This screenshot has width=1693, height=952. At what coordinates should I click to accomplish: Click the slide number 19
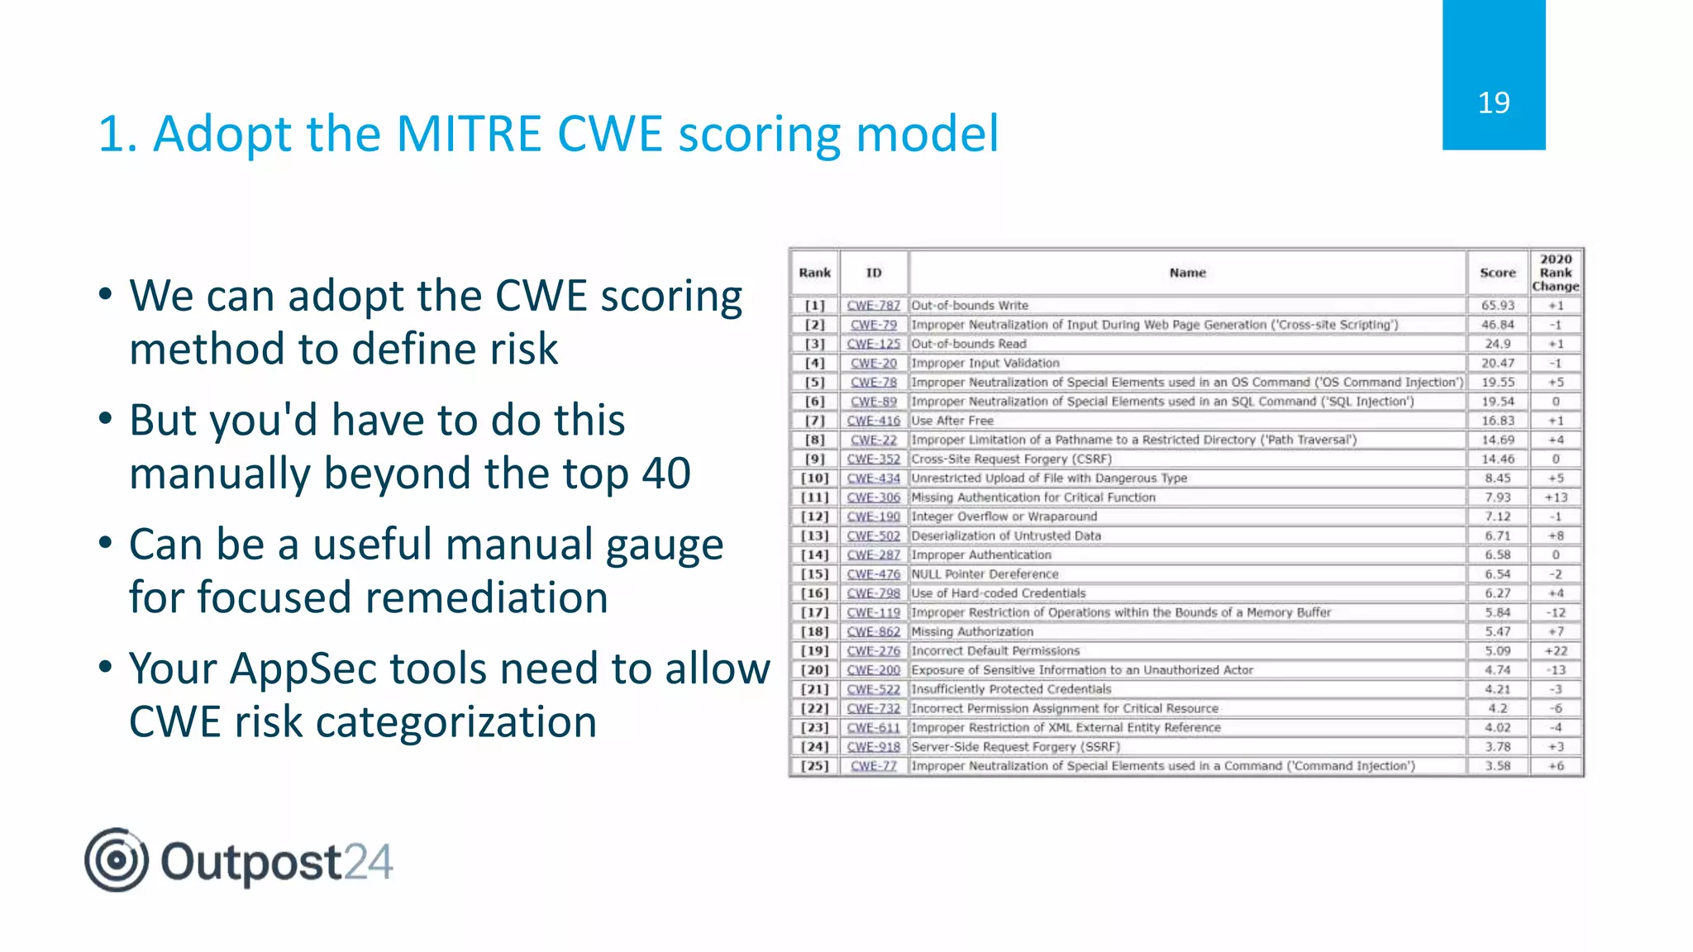1493,103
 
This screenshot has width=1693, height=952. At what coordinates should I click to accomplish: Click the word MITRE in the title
469,134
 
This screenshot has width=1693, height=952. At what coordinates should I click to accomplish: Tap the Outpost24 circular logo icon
117,860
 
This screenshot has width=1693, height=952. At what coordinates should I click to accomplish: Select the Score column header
1497,273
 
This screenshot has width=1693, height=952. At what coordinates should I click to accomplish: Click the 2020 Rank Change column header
1555,273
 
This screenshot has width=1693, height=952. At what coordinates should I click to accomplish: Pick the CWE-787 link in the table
873,306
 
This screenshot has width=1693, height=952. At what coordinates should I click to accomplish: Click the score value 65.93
1497,306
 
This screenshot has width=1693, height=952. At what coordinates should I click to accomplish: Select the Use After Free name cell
952,421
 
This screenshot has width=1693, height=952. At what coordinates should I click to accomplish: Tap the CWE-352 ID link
873,459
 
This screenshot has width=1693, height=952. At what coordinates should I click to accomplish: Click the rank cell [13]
814,535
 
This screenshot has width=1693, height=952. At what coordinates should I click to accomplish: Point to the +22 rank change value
1555,651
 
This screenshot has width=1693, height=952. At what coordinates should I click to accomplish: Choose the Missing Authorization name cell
972,632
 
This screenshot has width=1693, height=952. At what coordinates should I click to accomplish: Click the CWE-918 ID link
873,747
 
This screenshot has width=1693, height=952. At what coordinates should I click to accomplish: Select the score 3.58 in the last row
1497,766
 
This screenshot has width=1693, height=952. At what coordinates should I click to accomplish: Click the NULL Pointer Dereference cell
985,574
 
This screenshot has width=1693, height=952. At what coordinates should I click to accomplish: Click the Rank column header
814,273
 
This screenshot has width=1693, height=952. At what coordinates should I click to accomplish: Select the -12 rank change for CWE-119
1555,613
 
